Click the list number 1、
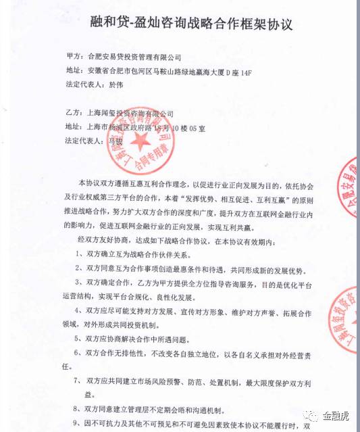[80, 256]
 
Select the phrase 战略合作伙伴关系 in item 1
[162, 256]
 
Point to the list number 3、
[80, 283]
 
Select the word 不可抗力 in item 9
[102, 425]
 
